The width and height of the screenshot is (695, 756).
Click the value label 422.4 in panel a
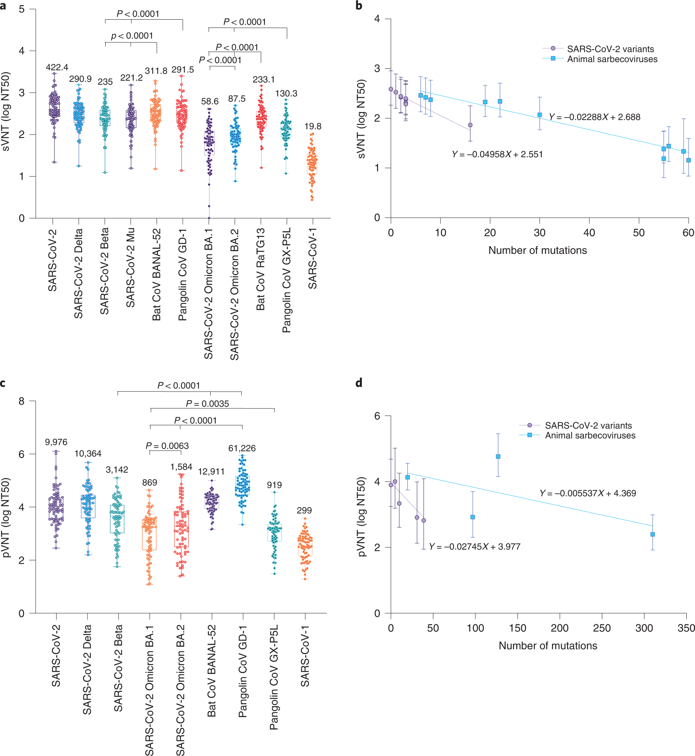pos(57,67)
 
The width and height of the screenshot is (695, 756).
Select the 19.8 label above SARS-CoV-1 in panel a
pos(313,126)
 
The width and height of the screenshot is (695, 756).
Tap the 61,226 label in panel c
pos(242,448)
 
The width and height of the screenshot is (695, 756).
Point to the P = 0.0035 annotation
pos(207,404)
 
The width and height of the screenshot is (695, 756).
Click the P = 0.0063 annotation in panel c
pos(167,446)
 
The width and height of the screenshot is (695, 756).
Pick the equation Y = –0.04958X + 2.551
pos(497,154)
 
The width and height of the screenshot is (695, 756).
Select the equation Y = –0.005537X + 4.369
pos(587,493)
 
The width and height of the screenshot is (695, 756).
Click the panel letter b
pos(359,6)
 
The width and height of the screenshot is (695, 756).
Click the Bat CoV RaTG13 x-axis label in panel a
pos(260,269)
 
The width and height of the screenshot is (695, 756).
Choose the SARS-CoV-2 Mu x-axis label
pos(130,267)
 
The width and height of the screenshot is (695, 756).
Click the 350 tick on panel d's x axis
pos(686,628)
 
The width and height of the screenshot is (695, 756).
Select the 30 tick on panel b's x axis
pos(539,233)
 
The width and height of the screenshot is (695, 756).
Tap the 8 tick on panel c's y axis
pos(21,401)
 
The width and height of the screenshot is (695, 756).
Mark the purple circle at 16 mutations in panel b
pos(470,125)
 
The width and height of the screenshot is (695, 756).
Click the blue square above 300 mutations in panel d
pos(653,534)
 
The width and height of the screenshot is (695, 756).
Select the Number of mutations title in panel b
pos(537,250)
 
